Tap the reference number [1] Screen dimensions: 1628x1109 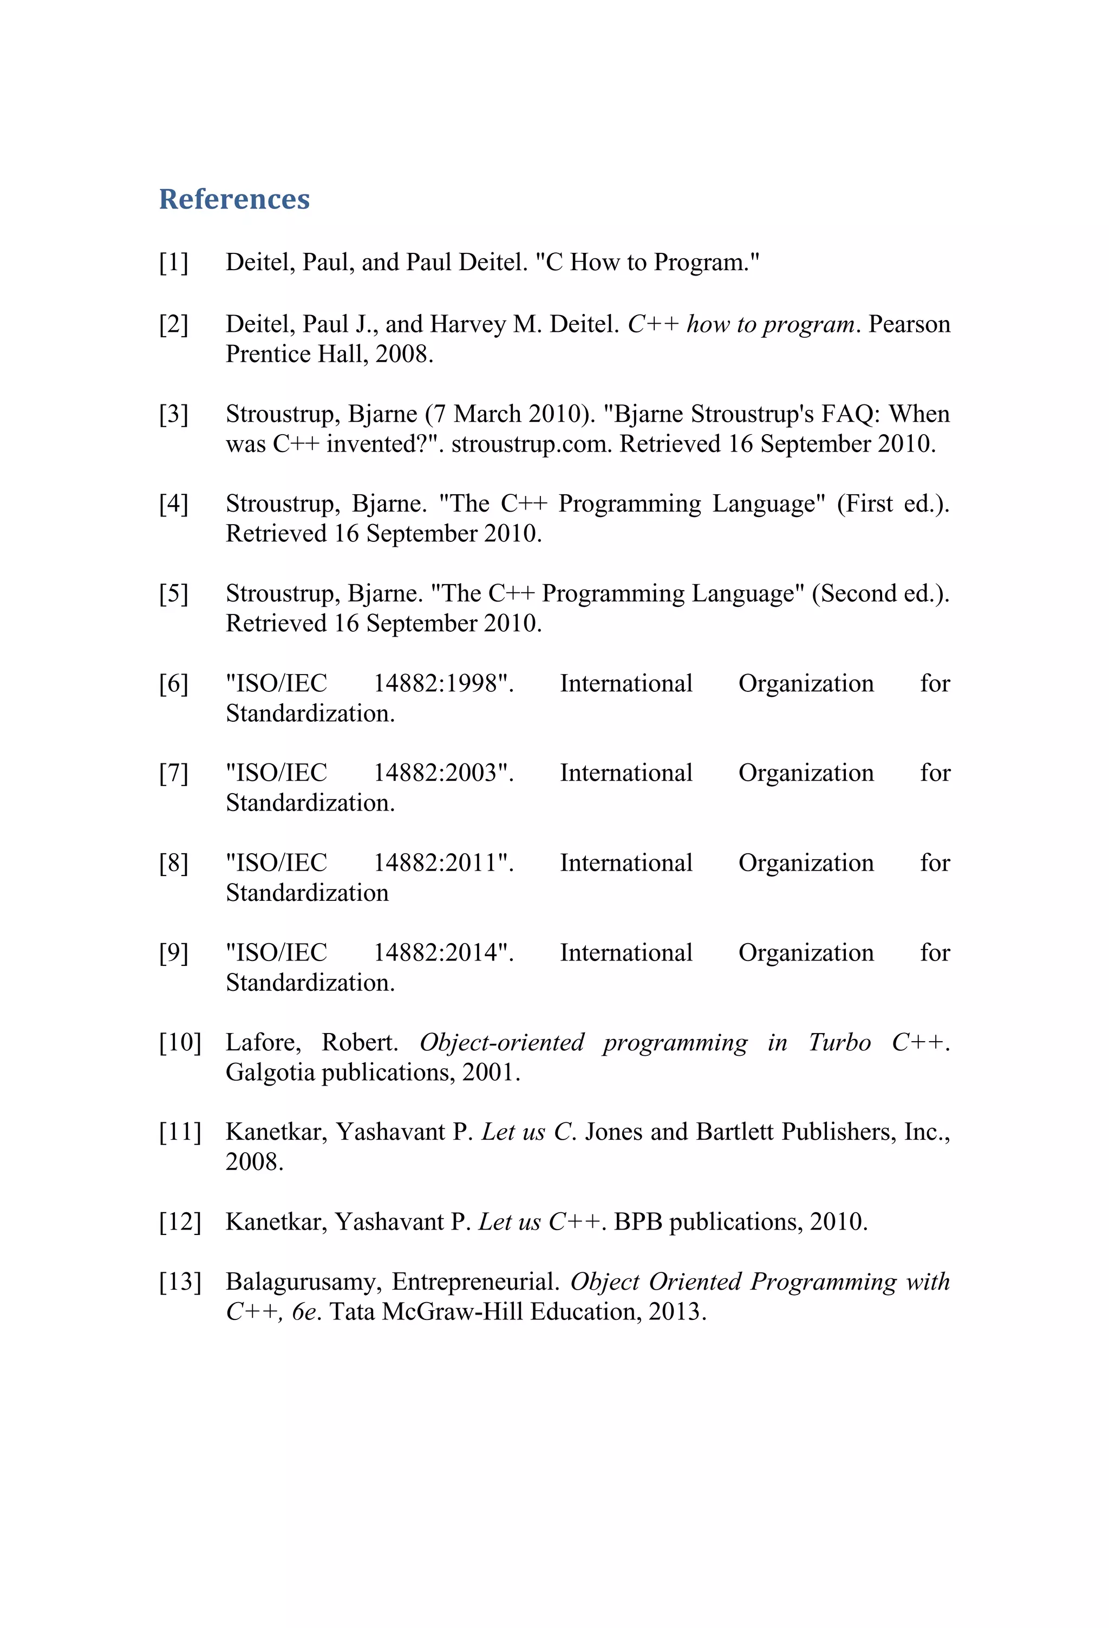(x=173, y=263)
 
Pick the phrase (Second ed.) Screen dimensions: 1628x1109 (x=880, y=593)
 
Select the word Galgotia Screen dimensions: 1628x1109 (x=270, y=1073)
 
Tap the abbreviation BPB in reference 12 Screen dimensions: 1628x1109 (x=637, y=1222)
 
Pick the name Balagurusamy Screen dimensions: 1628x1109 (x=303, y=1282)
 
